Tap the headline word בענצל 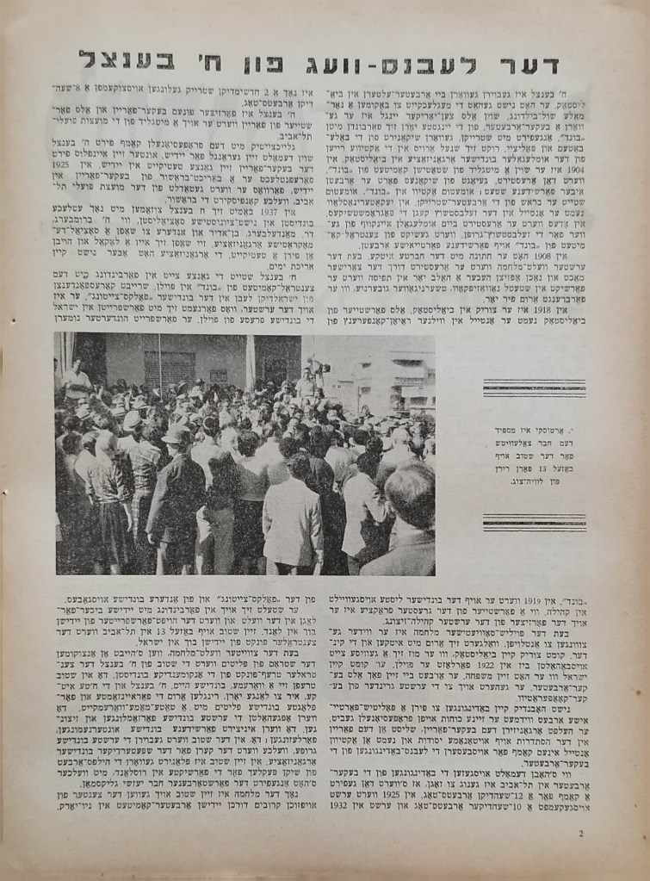pyautogui.click(x=127, y=60)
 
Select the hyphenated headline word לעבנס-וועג pyautogui.click(x=394, y=60)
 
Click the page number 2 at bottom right pyautogui.click(x=581, y=832)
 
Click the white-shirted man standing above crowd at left pyautogui.click(x=77, y=379)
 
